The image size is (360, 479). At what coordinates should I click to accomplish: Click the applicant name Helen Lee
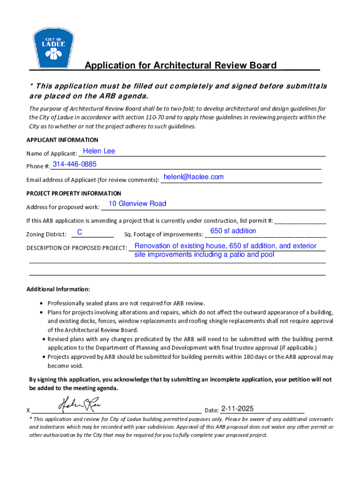click(x=99, y=151)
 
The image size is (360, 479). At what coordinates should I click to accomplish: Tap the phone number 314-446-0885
click(x=75, y=164)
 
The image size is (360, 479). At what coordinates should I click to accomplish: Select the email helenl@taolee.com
click(x=194, y=177)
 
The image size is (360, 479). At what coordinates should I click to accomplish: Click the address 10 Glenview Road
click(x=137, y=203)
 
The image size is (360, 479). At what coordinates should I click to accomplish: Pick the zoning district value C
click(x=80, y=232)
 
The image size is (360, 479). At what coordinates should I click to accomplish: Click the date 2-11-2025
click(x=238, y=409)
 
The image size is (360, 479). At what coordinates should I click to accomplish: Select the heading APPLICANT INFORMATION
click(x=62, y=140)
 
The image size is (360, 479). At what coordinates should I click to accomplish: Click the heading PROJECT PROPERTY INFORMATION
click(x=74, y=193)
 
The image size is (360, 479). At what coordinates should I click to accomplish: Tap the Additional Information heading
click(x=58, y=289)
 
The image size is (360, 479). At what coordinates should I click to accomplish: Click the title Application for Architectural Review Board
click(x=180, y=65)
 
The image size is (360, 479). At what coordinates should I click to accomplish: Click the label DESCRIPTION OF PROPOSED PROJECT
click(x=77, y=248)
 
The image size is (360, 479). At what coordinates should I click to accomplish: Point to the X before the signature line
click(x=29, y=411)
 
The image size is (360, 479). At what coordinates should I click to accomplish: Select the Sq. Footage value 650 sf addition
click(x=233, y=231)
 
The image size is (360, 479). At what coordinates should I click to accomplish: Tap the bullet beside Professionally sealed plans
click(x=43, y=303)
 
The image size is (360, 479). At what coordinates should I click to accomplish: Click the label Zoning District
click(x=46, y=234)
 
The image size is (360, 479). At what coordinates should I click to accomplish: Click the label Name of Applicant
click(x=51, y=153)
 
